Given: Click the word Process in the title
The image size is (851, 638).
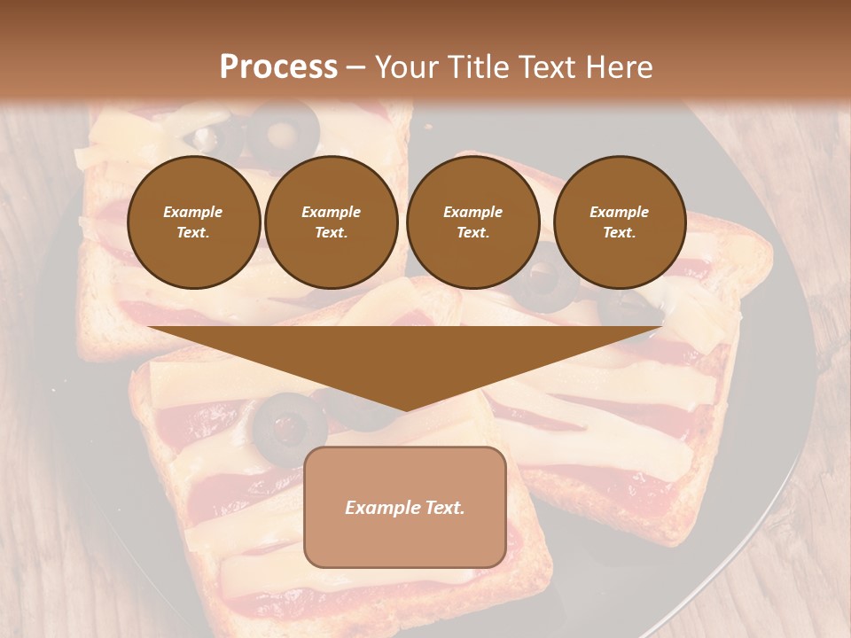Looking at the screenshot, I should (x=278, y=67).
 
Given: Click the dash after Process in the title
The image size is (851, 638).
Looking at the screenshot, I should (x=355, y=69).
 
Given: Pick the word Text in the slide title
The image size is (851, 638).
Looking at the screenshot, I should (x=548, y=67).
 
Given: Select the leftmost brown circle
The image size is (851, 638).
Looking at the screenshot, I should (x=193, y=222).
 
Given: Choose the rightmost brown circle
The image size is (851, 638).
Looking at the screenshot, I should (x=619, y=222).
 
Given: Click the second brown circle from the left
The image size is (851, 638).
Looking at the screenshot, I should (x=331, y=222).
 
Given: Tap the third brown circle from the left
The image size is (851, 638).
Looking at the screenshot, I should (x=472, y=222).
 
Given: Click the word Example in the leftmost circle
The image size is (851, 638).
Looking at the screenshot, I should (x=193, y=212).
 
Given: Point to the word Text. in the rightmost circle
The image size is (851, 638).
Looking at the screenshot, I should (x=619, y=233).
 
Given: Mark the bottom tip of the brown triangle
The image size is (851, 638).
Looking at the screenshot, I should (x=405, y=411).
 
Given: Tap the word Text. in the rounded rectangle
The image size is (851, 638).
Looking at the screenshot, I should (x=444, y=508).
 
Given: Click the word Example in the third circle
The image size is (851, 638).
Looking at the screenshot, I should (x=472, y=212).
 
